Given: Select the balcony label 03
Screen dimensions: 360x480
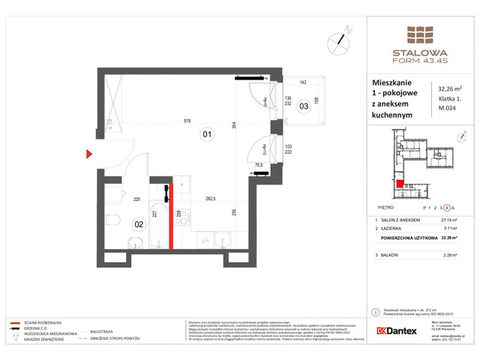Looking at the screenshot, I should click(304, 106).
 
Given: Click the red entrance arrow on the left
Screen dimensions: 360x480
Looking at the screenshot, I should click(89, 155).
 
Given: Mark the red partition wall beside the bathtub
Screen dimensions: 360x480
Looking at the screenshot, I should click(171, 217).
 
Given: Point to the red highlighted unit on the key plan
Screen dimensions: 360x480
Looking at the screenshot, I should click(400, 184).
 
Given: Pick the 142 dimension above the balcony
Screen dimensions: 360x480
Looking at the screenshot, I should click(304, 82).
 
